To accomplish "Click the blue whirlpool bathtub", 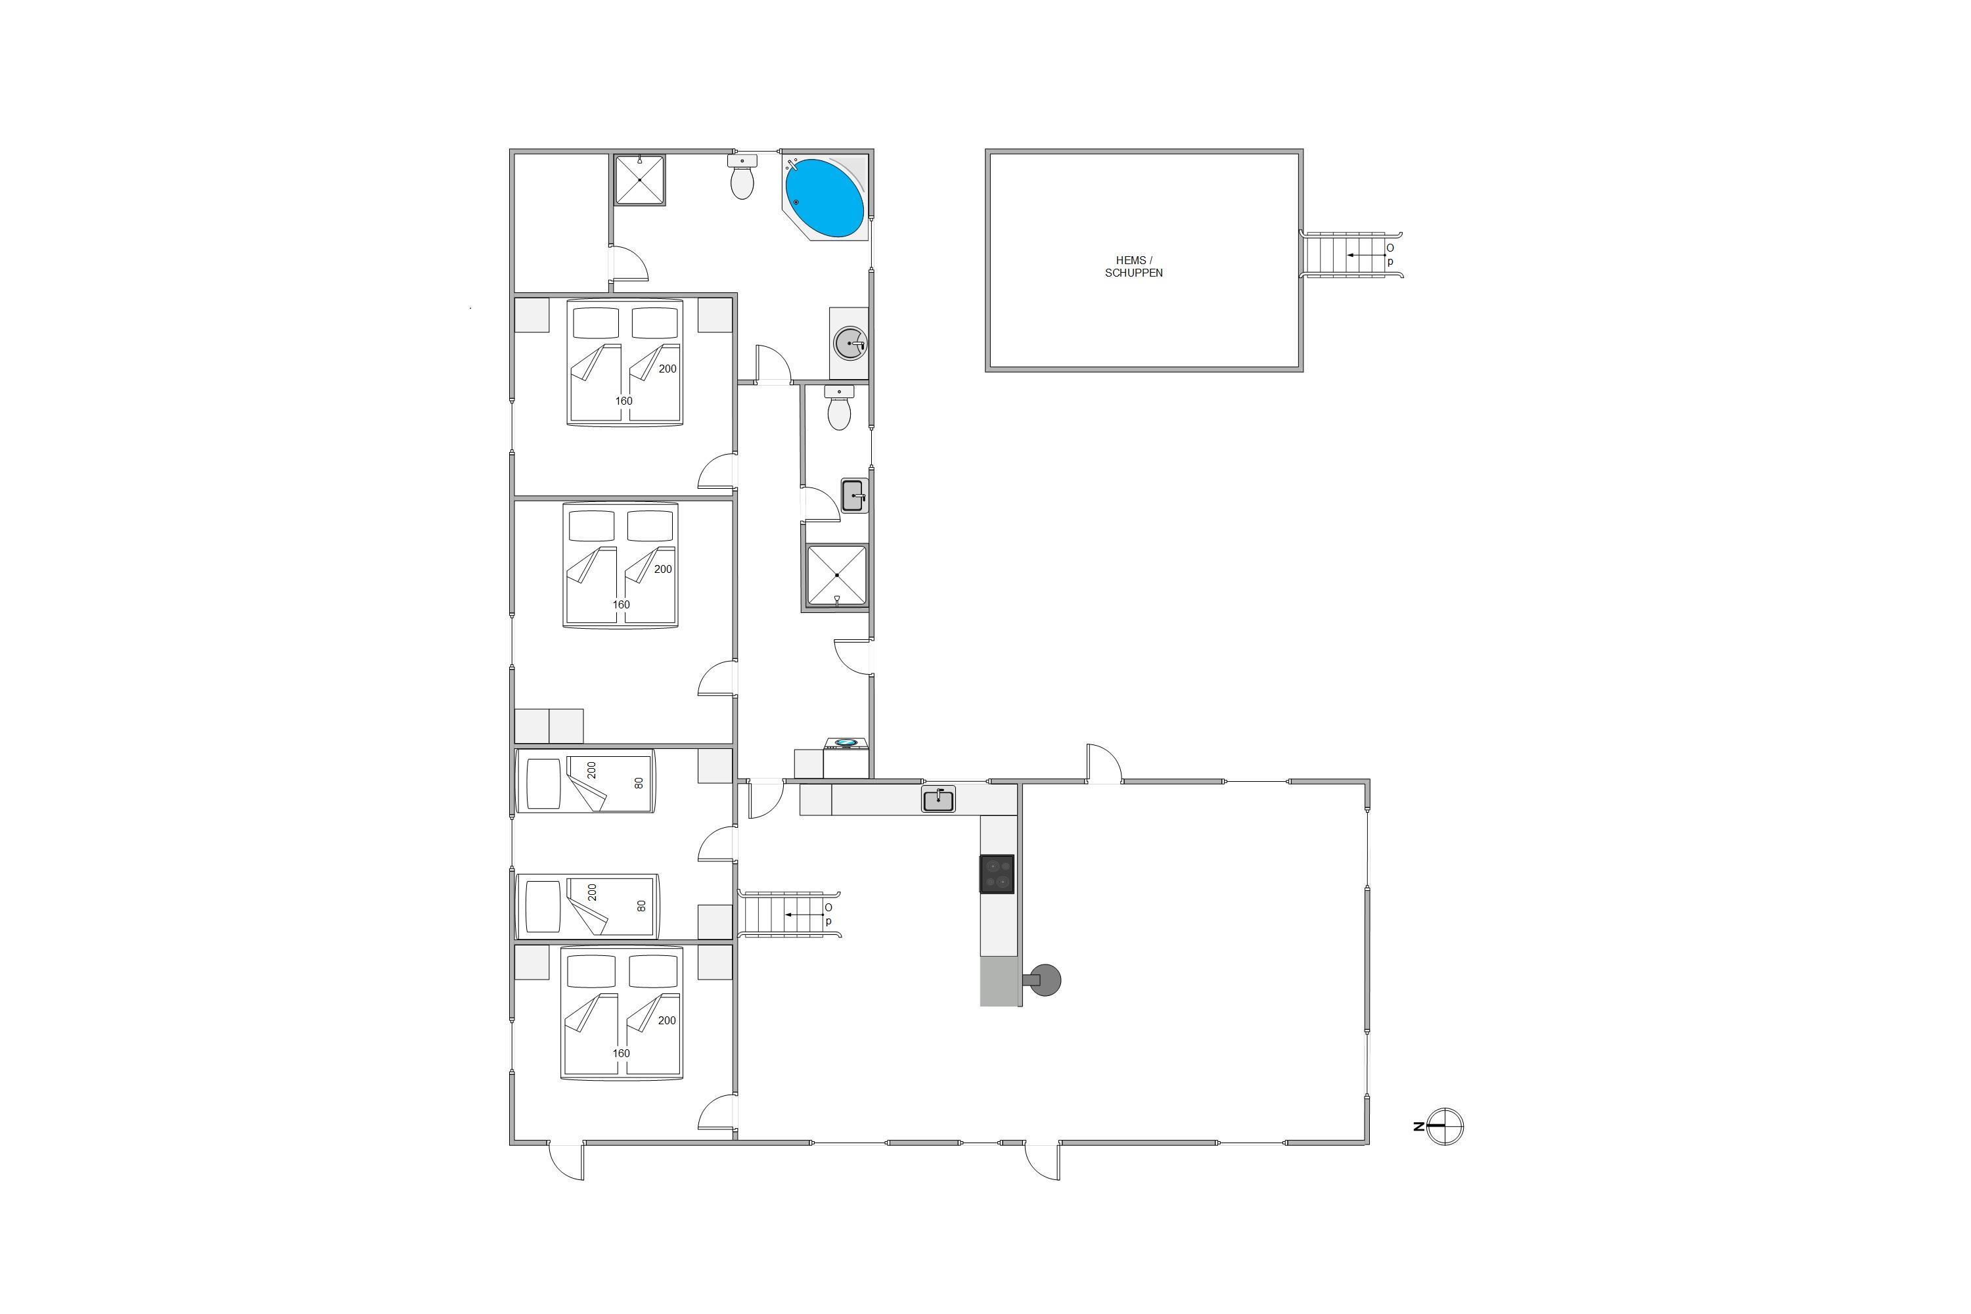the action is click(825, 198).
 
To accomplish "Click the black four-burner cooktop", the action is click(997, 874).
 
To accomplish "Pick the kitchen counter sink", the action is click(939, 800).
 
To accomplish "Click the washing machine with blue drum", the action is click(846, 758).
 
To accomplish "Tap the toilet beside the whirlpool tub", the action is click(742, 176).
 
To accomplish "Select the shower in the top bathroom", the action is click(639, 179).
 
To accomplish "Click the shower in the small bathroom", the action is click(836, 575).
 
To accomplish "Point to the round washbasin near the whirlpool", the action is click(850, 344).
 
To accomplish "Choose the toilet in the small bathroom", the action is click(839, 407).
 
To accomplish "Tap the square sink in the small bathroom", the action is click(855, 496).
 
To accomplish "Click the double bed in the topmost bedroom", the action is click(625, 362).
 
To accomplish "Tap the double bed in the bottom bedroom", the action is click(622, 1013).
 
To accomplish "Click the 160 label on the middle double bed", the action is click(621, 604).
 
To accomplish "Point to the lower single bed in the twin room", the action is click(587, 907).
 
